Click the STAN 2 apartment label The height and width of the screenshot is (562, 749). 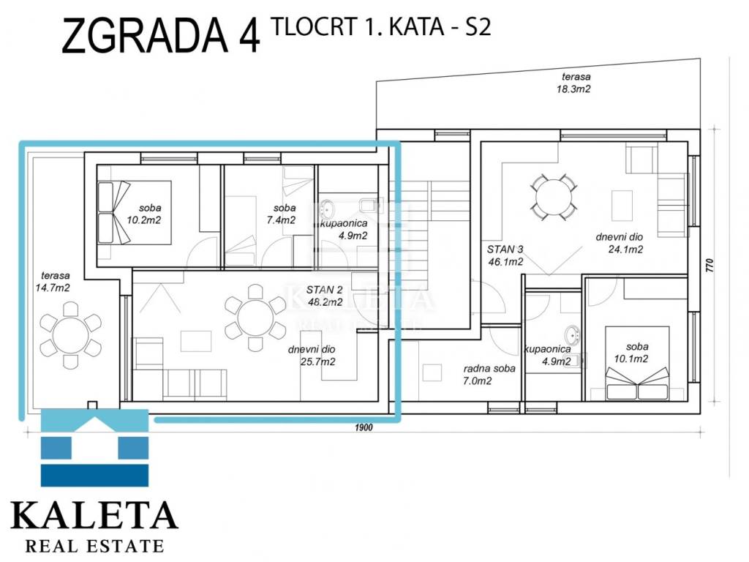pyautogui.click(x=324, y=296)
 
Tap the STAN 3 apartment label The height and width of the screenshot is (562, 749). pyautogui.click(x=505, y=255)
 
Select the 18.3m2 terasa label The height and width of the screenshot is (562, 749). pyautogui.click(x=575, y=82)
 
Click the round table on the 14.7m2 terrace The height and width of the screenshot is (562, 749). pyautogui.click(x=70, y=335)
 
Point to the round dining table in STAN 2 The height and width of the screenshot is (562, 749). pyautogui.click(x=255, y=318)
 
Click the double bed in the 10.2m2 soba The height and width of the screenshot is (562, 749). pyautogui.click(x=135, y=213)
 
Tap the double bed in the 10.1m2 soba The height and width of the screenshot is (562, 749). pyautogui.click(x=637, y=363)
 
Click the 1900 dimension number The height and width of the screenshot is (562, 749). pyautogui.click(x=364, y=427)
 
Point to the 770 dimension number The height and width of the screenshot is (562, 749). pyautogui.click(x=710, y=265)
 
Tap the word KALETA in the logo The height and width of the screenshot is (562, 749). pyautogui.click(x=94, y=514)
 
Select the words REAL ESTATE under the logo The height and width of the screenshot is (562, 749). pyautogui.click(x=94, y=545)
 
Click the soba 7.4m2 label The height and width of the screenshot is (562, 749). pyautogui.click(x=283, y=214)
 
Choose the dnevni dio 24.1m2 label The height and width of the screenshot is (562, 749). pyautogui.click(x=622, y=243)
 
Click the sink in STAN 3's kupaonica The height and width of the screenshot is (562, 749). pyautogui.click(x=571, y=334)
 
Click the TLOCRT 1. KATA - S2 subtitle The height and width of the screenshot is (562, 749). pyautogui.click(x=380, y=27)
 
